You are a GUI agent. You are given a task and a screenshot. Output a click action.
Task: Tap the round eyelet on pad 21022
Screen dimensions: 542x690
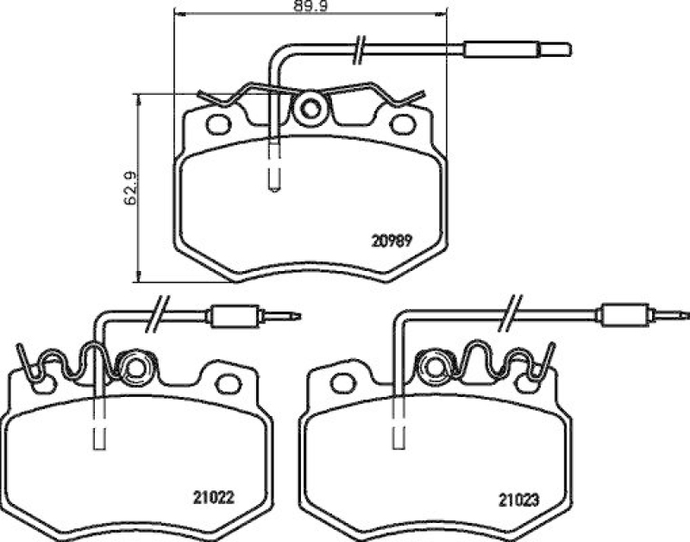click(x=134, y=368)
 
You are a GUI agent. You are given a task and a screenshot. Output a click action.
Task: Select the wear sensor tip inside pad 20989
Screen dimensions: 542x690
click(x=273, y=177)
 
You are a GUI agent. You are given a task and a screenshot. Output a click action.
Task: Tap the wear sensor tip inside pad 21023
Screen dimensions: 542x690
click(x=397, y=434)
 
